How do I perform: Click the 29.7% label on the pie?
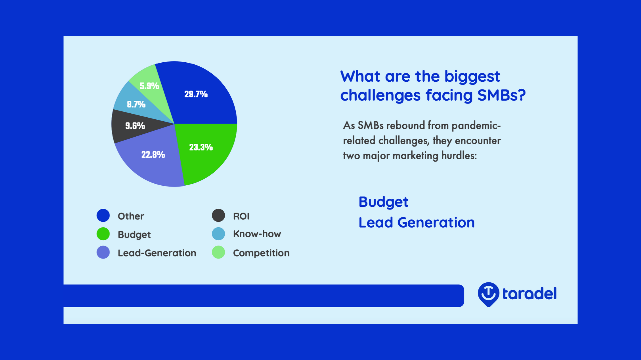196,94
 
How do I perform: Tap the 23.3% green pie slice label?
201,147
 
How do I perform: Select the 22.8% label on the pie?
153,155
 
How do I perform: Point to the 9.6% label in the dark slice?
135,126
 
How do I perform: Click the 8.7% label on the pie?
136,105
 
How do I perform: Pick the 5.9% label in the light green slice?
149,86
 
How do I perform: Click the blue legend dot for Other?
103,215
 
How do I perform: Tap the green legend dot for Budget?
103,234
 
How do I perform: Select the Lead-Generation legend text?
157,253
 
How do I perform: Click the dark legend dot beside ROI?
218,215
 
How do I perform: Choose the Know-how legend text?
257,234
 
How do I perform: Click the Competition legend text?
261,253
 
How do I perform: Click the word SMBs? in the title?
501,95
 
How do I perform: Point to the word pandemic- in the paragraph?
476,126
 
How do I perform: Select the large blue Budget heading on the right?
383,202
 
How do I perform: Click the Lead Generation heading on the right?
416,223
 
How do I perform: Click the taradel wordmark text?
529,294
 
